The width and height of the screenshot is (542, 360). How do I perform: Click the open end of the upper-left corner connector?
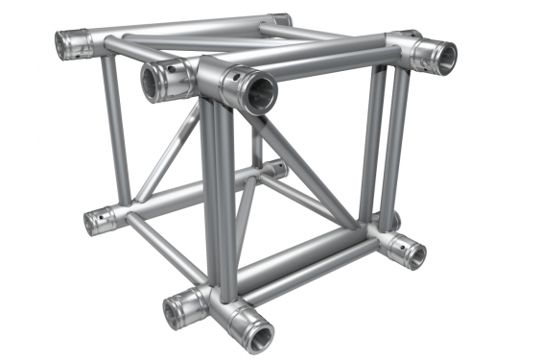click(68, 44)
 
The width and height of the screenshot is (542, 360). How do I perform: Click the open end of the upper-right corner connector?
click(446, 58)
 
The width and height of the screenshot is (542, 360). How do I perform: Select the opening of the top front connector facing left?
click(153, 84)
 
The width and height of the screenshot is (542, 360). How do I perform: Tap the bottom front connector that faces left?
click(177, 309)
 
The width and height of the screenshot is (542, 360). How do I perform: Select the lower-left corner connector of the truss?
click(99, 221)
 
